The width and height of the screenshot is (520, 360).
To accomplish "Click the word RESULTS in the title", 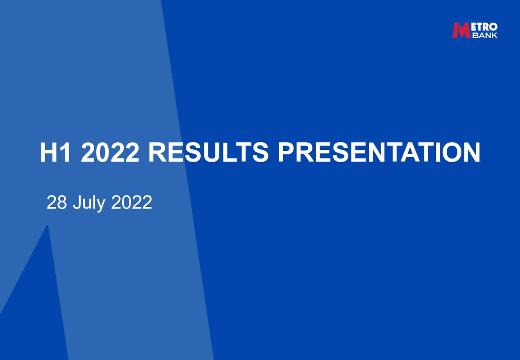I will [x=208, y=152].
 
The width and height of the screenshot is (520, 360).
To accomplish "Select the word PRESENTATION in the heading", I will [x=379, y=152].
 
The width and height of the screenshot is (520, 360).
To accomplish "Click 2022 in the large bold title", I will [x=110, y=152].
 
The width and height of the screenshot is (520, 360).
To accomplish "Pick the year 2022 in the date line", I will [x=132, y=202].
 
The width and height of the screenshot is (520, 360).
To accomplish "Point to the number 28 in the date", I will [x=56, y=202].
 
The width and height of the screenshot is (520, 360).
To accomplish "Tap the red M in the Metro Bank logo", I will [x=461, y=30].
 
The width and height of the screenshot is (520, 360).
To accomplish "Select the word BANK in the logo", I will [x=485, y=35].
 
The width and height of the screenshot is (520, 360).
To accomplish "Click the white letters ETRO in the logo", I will [x=484, y=27].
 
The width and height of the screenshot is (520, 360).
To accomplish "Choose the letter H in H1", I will [x=50, y=152].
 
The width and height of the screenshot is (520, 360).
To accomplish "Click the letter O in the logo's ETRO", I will [x=493, y=27].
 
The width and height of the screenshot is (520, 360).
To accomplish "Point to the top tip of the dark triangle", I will [x=47, y=226].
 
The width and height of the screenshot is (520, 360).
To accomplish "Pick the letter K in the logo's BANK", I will [x=494, y=35].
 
